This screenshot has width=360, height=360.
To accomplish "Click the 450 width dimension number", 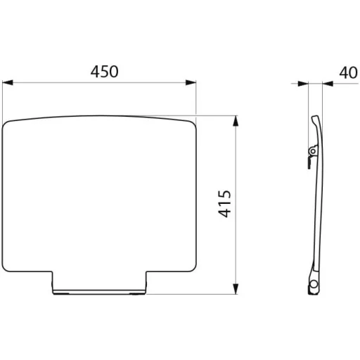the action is pyautogui.click(x=105, y=72).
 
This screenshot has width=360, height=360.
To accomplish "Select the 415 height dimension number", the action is pyautogui.click(x=225, y=204).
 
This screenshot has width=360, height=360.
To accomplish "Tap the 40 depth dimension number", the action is pyautogui.click(x=349, y=72).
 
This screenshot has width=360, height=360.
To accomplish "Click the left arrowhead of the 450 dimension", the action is pyautogui.click(x=8, y=82).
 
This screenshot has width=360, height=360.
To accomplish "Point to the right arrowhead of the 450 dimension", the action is pyautogui.click(x=191, y=82).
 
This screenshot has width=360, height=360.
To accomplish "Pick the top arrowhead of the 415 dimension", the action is pyautogui.click(x=236, y=121).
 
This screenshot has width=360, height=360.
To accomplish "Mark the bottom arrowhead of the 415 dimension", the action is pyautogui.click(x=236, y=289).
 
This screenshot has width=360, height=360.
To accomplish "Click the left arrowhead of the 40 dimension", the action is pyautogui.click(x=303, y=84).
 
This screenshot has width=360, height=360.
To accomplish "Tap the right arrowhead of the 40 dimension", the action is pyautogui.click(x=328, y=84).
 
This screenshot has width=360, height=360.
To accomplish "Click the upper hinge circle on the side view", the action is pyautogui.click(x=313, y=151).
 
